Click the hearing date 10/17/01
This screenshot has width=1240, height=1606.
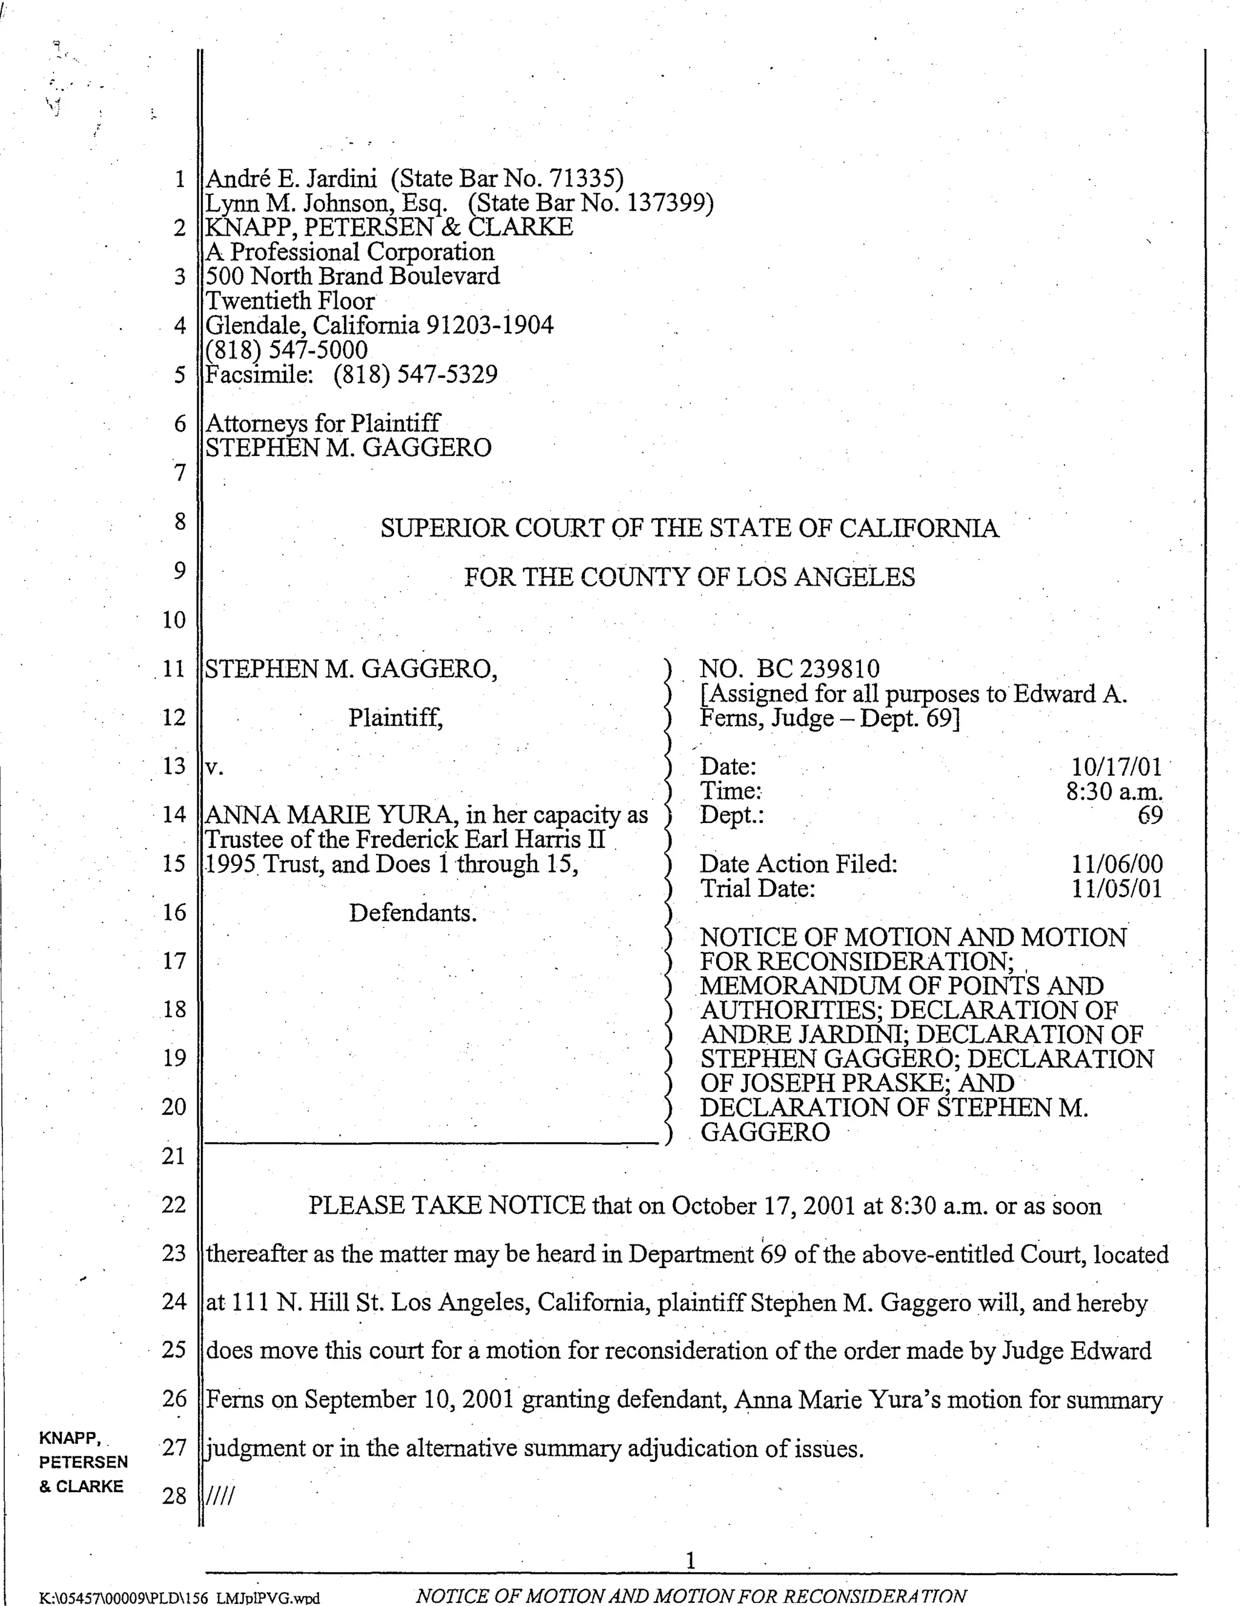click(1116, 767)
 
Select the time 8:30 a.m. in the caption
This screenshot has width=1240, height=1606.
click(1114, 791)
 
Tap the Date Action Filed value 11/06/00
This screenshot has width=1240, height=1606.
click(1116, 864)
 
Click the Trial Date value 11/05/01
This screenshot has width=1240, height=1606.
click(1116, 888)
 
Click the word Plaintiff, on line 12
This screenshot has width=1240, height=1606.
click(395, 718)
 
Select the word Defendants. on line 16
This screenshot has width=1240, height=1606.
click(412, 913)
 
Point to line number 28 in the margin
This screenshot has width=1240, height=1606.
click(174, 1496)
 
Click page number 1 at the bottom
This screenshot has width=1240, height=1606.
click(690, 1559)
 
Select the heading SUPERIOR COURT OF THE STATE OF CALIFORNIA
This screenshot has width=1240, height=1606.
click(689, 529)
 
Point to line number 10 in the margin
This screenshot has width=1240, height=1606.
click(174, 620)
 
